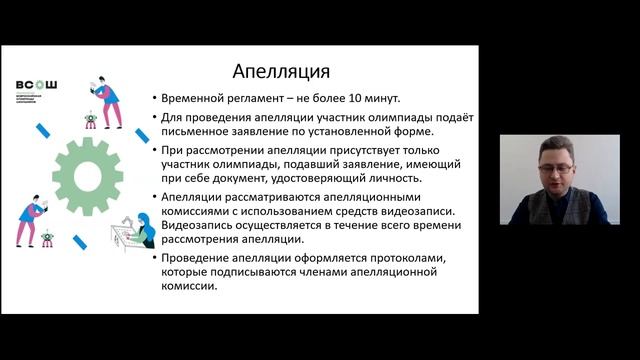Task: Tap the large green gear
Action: click(x=86, y=176)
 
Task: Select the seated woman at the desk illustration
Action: click(x=141, y=230)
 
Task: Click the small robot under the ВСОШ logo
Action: click(x=89, y=121)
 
